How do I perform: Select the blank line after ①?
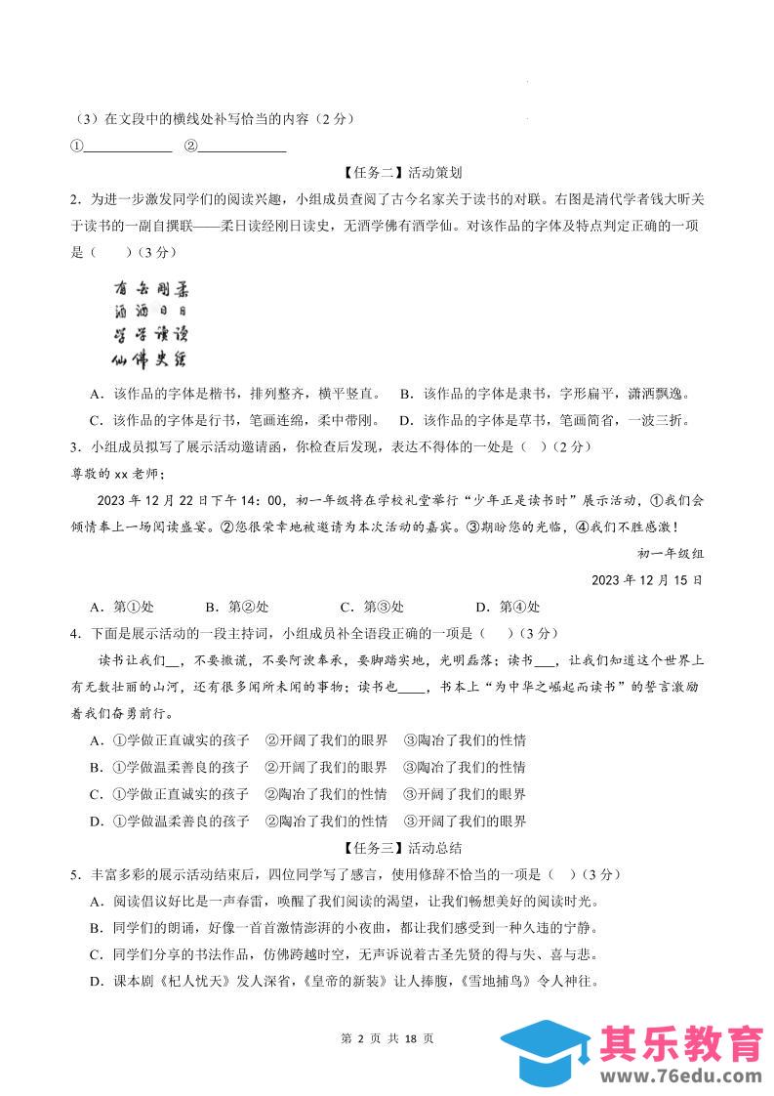[128, 148]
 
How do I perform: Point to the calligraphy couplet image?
[149, 325]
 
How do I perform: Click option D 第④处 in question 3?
[507, 607]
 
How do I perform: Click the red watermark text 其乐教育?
[682, 1042]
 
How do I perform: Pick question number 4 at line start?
[74, 633]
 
